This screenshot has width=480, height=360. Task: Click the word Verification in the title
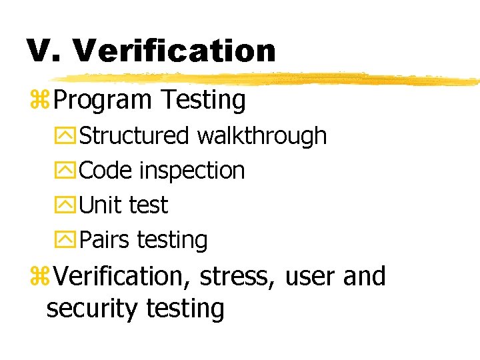pyautogui.click(x=175, y=51)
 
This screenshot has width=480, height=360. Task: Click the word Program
pyautogui.click(x=103, y=101)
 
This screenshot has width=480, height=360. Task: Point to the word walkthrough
pyautogui.click(x=262, y=135)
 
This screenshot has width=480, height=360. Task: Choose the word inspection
pyautogui.click(x=192, y=171)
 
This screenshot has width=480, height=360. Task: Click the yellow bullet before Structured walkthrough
pyautogui.click(x=69, y=136)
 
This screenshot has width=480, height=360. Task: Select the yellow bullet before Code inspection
pyautogui.click(x=69, y=171)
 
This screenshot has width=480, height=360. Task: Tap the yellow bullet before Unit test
pyautogui.click(x=69, y=206)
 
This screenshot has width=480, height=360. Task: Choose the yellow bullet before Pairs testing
pyautogui.click(x=69, y=241)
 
